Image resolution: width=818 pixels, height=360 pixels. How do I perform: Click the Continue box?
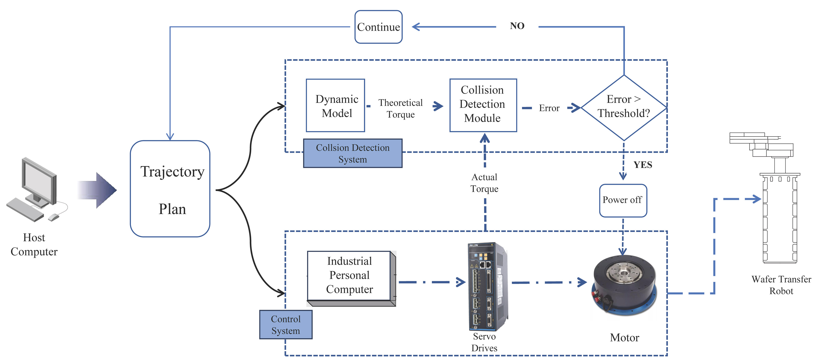pos(378,27)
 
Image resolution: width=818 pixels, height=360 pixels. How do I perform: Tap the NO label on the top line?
pos(517,26)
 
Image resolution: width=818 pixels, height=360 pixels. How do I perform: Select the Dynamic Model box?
pos(335,105)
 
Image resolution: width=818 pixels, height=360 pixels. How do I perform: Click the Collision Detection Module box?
pos(483,105)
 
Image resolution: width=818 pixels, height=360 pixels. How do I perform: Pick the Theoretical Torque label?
pos(400,109)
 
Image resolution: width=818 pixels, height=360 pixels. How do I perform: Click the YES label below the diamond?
pos(643,165)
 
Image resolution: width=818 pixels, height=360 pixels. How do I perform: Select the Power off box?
pos(623,200)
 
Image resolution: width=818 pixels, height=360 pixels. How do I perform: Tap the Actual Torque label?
pos(484,183)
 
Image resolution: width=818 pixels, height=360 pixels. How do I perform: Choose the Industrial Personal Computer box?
pos(349,276)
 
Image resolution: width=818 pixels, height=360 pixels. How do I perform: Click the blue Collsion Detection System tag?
pos(353,153)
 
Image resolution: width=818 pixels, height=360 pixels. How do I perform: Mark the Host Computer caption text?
pos(34,244)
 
